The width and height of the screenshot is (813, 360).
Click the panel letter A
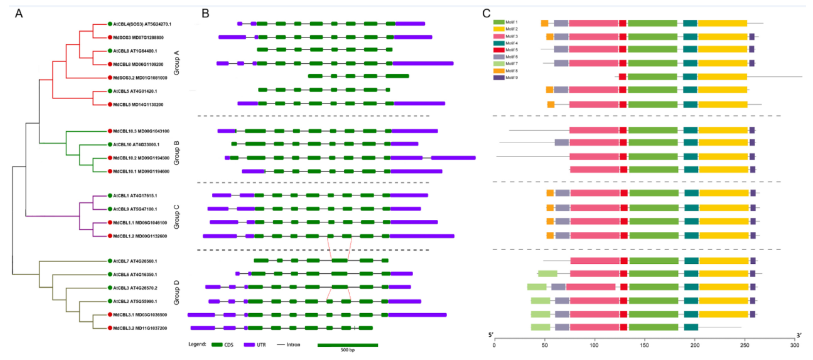[x=19, y=14]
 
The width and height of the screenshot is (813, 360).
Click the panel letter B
[x=205, y=14]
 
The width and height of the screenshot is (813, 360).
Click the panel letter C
[x=486, y=14]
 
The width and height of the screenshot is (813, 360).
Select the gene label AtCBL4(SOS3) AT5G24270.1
[x=142, y=24]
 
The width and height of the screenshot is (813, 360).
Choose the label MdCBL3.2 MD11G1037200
[x=140, y=328]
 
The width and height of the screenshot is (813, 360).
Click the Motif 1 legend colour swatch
[x=499, y=22]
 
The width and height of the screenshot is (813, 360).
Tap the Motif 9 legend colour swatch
[x=499, y=78]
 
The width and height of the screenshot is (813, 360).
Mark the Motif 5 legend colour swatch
[x=499, y=50]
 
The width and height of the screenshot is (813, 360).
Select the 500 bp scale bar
[x=347, y=345]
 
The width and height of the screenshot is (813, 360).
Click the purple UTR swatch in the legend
[x=249, y=345]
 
